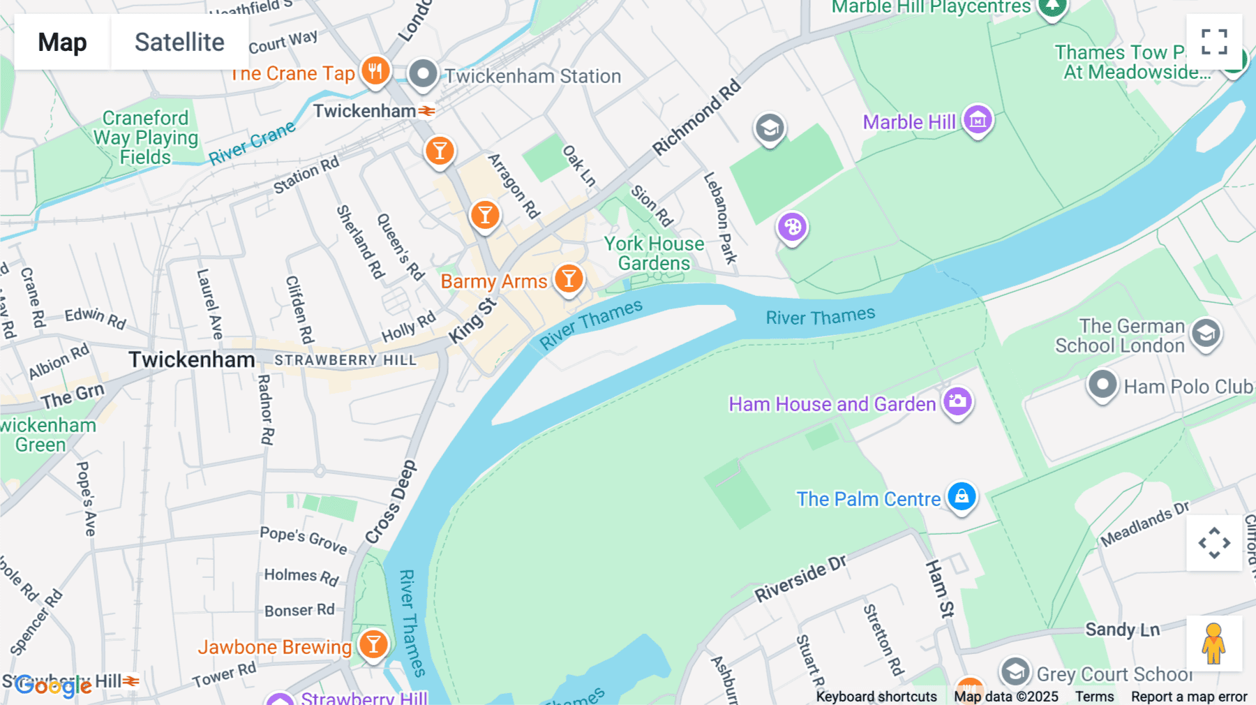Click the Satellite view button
pyautogui.click(x=179, y=42)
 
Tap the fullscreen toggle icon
pyautogui.click(x=1214, y=41)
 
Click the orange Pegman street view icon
pyautogui.click(x=1214, y=644)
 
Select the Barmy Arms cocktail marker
pyautogui.click(x=569, y=279)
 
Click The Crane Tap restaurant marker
pyautogui.click(x=375, y=70)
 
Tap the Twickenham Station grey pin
pyautogui.click(x=422, y=73)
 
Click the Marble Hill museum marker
pyautogui.click(x=978, y=120)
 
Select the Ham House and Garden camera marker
pyautogui.click(x=957, y=401)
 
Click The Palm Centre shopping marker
pyautogui.click(x=962, y=497)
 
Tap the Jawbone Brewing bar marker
pyautogui.click(x=373, y=644)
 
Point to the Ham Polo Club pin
pyautogui.click(x=1102, y=385)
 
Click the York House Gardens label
pyautogui.click(x=654, y=253)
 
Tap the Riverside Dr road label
pyautogui.click(x=800, y=579)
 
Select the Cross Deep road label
pyautogui.click(x=391, y=502)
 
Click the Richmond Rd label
pyautogui.click(x=696, y=117)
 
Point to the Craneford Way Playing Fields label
pyautogui.click(x=145, y=138)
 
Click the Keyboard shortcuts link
pyautogui.click(x=876, y=696)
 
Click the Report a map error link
pyautogui.click(x=1188, y=696)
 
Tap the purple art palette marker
pyautogui.click(x=792, y=227)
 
